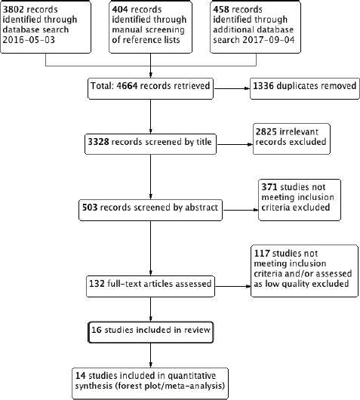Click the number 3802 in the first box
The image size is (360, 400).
point(14,10)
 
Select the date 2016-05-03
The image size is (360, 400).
point(29,40)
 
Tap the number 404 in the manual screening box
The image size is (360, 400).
point(120,10)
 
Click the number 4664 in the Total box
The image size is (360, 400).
point(127,86)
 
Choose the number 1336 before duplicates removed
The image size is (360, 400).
point(263,86)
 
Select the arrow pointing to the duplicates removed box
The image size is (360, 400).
point(232,88)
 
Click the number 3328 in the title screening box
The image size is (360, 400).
point(98,142)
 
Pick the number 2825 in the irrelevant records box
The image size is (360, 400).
point(266,131)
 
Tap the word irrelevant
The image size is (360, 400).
point(299,131)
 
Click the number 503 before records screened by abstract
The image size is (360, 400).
point(90,207)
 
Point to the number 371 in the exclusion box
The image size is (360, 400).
point(269,187)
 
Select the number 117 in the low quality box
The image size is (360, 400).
point(262,254)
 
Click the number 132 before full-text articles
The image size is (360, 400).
point(97,284)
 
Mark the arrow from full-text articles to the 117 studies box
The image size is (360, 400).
point(232,286)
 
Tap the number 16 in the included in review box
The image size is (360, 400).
point(97,330)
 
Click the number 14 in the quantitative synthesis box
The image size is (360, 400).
point(80,376)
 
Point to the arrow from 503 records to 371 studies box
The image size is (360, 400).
point(241,210)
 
